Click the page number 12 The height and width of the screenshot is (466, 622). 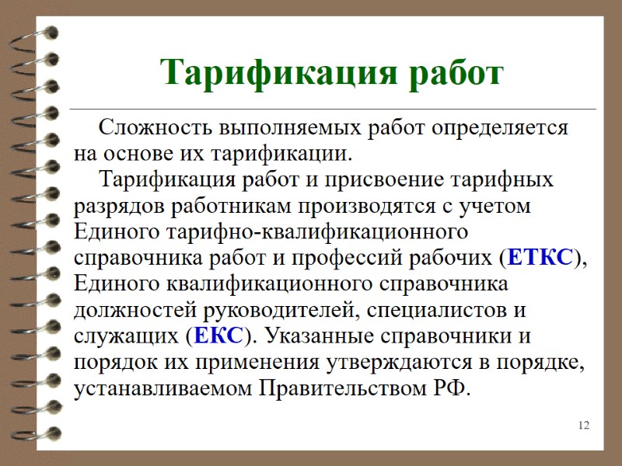[x=584, y=425]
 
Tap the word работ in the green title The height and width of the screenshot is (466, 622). [x=459, y=74]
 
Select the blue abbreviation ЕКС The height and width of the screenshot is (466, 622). [x=218, y=336]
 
